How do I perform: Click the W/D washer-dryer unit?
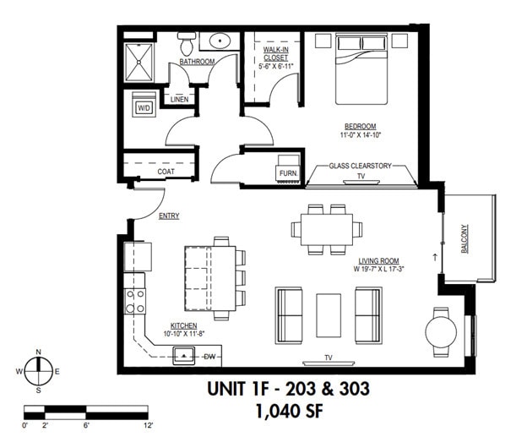pos(143,107)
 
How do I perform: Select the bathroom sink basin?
pos(222,41)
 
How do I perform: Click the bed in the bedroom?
pos(361,68)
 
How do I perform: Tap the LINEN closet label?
pos(179,100)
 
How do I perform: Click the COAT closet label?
pos(166,172)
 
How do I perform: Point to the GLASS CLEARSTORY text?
pos(361,167)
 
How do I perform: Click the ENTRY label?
pos(169,216)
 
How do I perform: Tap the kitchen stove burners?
pos(135,300)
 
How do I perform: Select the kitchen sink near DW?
pos(184,356)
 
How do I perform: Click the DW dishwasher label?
pos(210,357)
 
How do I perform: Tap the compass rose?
pos(38,371)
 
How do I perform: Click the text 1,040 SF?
pos(288,412)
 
